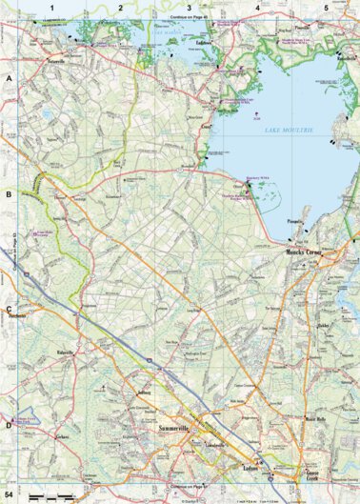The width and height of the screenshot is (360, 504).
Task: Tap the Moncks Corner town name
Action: [x=304, y=253]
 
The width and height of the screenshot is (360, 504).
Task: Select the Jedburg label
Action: [x=144, y=392]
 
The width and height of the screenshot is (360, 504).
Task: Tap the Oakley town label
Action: [x=322, y=325]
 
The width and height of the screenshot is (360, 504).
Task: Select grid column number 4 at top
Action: [x=257, y=8]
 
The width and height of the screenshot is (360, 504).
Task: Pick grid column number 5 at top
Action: [x=326, y=8]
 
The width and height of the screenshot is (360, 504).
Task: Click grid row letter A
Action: [x=10, y=81]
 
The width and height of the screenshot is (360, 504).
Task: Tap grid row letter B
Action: [x=10, y=194]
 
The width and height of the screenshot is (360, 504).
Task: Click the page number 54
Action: [x=10, y=495]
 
